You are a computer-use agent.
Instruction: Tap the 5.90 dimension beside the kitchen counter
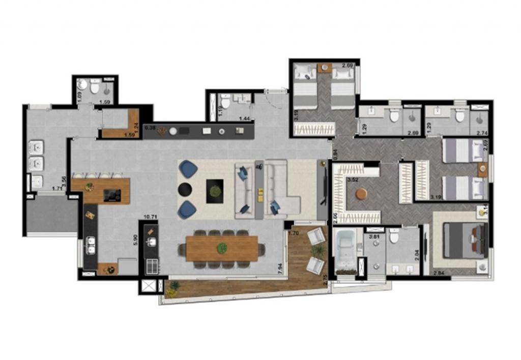tap(135, 239)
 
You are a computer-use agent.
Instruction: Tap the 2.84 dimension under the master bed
tap(439, 274)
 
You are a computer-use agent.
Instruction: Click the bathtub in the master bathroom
tap(346, 250)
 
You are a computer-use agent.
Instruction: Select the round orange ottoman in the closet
tap(362, 194)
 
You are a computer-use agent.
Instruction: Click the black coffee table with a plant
tap(214, 191)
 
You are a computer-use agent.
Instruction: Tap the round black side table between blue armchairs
tap(184, 190)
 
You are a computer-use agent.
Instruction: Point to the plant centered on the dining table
tap(221, 248)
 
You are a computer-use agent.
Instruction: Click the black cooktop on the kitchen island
tap(112, 195)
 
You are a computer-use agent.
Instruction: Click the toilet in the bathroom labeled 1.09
tap(94, 88)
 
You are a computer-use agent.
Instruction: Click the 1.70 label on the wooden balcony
tap(293, 234)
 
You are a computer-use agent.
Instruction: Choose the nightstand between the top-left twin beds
tap(325, 68)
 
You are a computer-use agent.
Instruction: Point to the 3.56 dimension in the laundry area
tap(63, 181)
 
